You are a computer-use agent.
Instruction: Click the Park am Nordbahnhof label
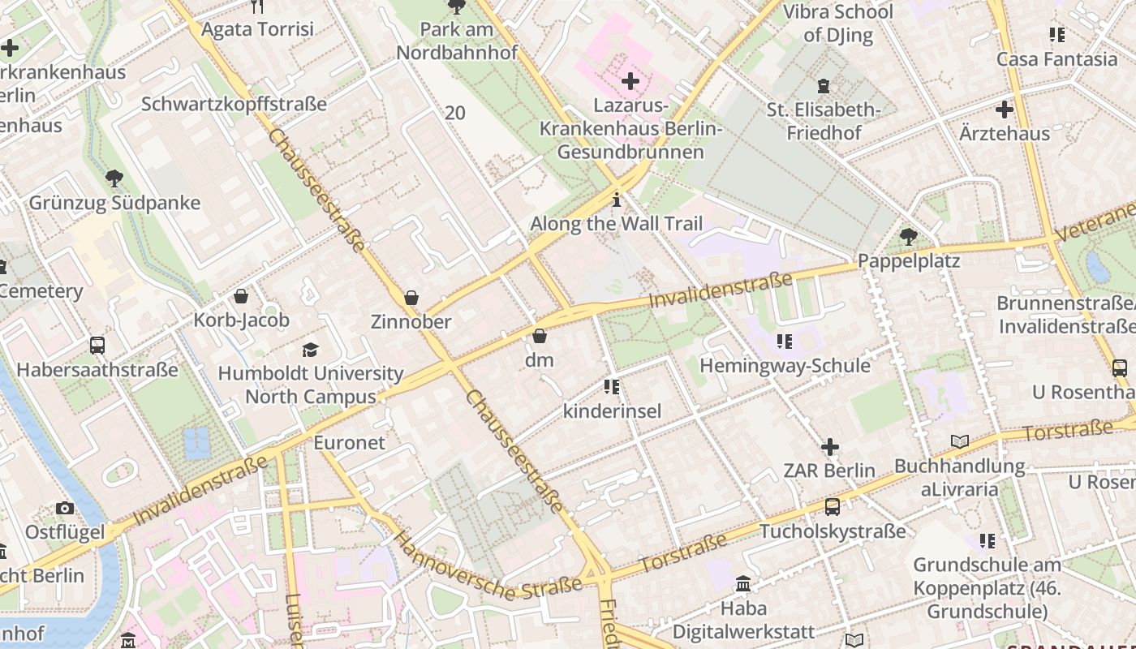click(x=457, y=41)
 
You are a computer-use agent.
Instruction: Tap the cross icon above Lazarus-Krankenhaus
click(x=630, y=81)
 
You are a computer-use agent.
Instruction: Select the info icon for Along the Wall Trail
click(x=617, y=199)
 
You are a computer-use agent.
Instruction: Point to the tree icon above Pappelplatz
click(x=909, y=237)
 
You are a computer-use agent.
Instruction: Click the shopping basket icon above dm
click(x=540, y=336)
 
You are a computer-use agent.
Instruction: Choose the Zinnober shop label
click(x=411, y=321)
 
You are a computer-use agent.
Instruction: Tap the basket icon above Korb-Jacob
click(x=241, y=296)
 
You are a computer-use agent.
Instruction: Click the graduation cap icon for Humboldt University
click(x=310, y=350)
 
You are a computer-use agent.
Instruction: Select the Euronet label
click(x=350, y=443)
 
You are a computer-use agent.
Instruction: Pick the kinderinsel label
click(x=612, y=410)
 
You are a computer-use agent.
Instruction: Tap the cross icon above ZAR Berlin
click(x=829, y=447)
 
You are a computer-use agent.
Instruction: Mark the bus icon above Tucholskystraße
click(x=833, y=507)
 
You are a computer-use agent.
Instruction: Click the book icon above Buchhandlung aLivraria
click(x=960, y=442)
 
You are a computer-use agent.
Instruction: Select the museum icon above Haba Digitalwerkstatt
click(x=743, y=583)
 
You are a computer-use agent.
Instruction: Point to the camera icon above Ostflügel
click(x=65, y=509)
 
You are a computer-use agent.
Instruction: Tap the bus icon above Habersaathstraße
click(x=97, y=346)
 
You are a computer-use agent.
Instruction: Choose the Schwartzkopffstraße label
click(x=234, y=104)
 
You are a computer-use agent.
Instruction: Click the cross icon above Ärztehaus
click(x=1005, y=109)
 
